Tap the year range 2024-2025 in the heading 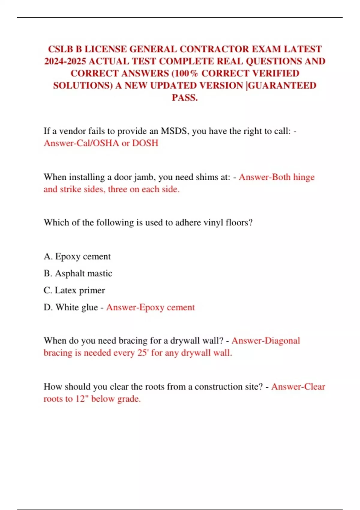point(65,61)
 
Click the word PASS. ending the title point(184,97)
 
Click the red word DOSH point(145,143)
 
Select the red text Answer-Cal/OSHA point(81,143)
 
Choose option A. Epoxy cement point(77,256)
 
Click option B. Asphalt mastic point(78,273)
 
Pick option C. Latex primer point(74,290)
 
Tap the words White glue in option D point(77,307)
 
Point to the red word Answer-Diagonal point(266,340)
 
